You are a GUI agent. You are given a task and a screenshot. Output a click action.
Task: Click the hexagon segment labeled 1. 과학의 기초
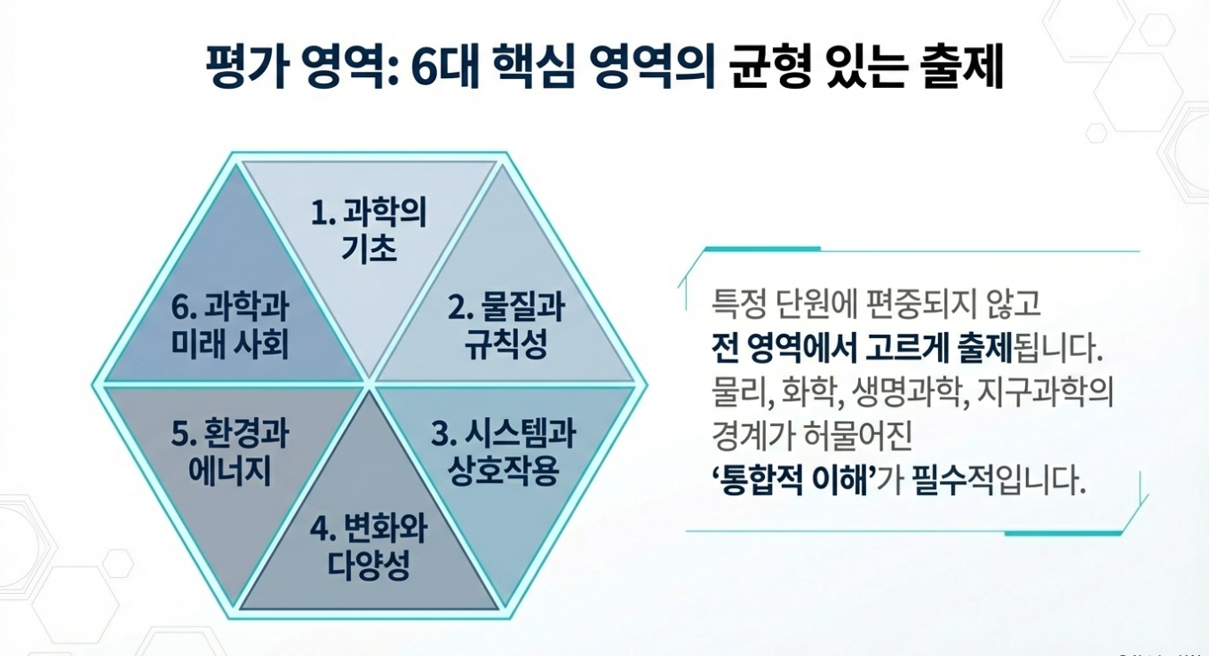pyautogui.click(x=369, y=231)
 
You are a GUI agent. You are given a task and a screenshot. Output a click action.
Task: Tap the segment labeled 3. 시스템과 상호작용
pyautogui.click(x=504, y=452)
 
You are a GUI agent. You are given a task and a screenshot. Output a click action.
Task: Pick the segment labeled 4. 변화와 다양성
pyautogui.click(x=369, y=547)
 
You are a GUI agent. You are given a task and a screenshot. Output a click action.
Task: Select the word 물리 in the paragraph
pyautogui.click(x=735, y=391)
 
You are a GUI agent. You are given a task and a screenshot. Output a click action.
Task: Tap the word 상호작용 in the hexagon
pyautogui.click(x=504, y=470)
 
